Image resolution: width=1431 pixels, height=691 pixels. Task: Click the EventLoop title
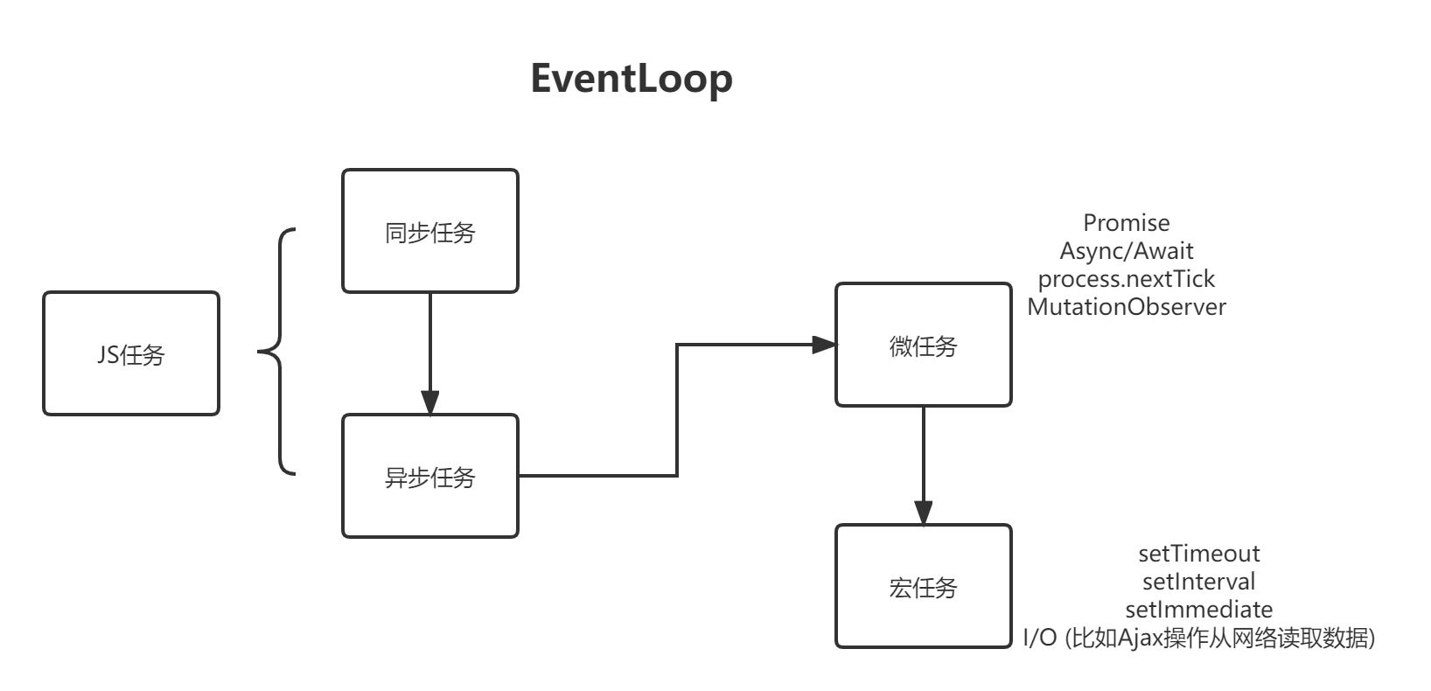tap(631, 79)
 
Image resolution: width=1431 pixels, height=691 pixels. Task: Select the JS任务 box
tap(131, 353)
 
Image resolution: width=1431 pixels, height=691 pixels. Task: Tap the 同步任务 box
tap(429, 231)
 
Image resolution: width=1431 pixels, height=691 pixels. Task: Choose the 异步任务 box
tap(429, 476)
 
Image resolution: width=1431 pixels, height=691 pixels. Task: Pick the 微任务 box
tap(923, 345)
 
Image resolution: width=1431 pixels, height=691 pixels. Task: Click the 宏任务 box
tap(923, 586)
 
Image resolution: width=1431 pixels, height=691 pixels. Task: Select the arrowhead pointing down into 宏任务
tap(923, 513)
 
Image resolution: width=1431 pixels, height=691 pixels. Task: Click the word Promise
tap(1127, 223)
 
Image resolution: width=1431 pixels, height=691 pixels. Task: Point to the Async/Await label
tap(1127, 251)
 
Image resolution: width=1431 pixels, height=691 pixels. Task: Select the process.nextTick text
tap(1127, 279)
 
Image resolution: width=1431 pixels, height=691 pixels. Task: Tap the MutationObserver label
tap(1127, 307)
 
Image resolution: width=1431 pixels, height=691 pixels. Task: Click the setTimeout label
tap(1198, 554)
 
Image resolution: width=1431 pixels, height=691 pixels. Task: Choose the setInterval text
tap(1198, 582)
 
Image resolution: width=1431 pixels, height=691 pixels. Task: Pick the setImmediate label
tap(1198, 610)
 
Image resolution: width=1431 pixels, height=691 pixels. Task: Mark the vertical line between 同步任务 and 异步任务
tap(429, 341)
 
